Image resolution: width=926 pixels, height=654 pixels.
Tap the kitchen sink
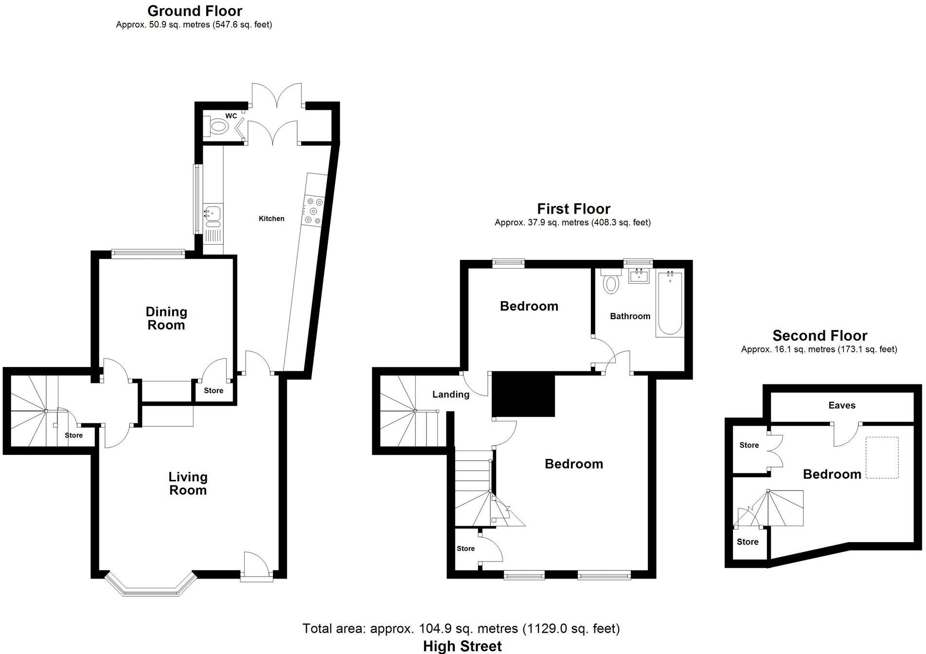click(213, 213)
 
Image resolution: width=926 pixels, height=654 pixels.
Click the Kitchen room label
click(271, 218)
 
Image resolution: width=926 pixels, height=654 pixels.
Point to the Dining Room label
click(166, 318)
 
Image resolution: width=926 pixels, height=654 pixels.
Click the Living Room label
click(188, 484)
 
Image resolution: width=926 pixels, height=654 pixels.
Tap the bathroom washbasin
click(639, 276)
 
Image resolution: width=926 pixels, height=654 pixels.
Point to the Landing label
click(451, 395)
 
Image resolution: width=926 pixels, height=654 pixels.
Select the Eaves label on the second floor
click(842, 405)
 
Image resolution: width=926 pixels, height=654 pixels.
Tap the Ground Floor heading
click(195, 11)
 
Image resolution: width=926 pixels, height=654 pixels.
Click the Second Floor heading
click(819, 336)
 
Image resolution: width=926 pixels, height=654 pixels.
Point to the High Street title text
click(462, 646)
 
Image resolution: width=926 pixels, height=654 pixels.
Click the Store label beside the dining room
click(214, 390)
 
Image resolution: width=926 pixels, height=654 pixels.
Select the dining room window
click(148, 253)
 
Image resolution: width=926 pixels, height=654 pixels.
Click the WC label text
click(231, 116)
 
